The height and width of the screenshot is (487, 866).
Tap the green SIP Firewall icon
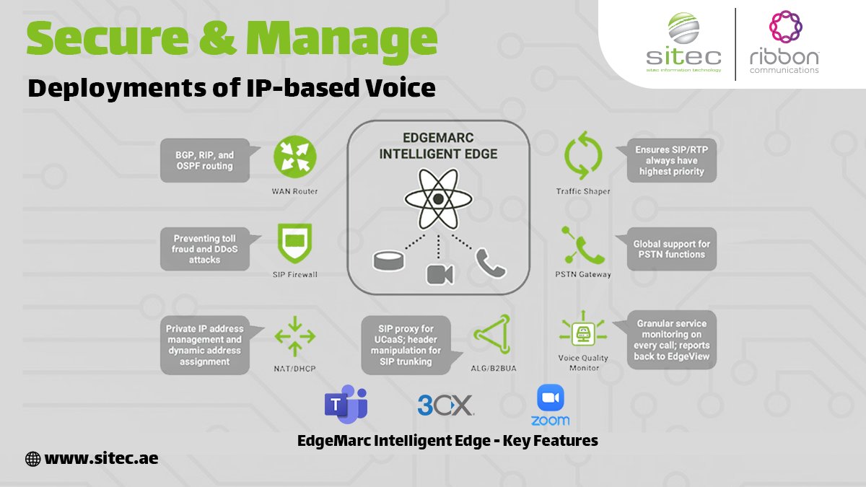294,244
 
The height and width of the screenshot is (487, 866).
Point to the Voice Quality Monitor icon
583,333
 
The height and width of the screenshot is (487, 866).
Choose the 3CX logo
445,405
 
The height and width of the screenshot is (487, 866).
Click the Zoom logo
550,405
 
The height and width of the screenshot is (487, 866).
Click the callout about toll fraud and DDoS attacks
206,249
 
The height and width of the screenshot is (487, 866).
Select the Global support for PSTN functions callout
671,250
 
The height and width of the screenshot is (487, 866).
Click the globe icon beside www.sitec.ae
32,458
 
